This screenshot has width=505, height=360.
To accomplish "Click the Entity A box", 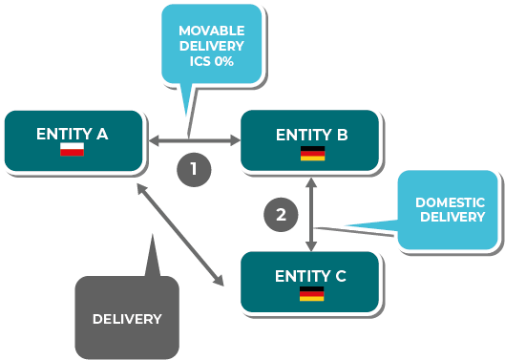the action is [x=74, y=140].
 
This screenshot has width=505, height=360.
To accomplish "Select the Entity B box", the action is [x=310, y=140].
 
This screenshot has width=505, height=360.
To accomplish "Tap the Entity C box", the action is [x=310, y=282].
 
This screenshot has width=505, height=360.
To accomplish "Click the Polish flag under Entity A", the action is [x=73, y=150].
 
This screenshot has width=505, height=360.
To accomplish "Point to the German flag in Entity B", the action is [x=313, y=154].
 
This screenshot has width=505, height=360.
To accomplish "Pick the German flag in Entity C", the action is [x=312, y=294].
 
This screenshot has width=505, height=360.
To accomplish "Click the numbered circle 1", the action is [x=194, y=170].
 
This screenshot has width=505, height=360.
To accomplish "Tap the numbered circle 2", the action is [x=281, y=215].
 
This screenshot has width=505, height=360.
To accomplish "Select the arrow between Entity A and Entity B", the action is [x=195, y=140].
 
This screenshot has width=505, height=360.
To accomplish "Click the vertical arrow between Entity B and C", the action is [x=311, y=214].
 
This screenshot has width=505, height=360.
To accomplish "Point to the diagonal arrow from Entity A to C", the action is [x=180, y=235].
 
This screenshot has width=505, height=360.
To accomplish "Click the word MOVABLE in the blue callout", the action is [x=212, y=31].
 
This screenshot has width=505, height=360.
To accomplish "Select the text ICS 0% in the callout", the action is [x=212, y=61].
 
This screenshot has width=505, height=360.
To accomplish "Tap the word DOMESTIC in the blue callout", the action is [x=450, y=202].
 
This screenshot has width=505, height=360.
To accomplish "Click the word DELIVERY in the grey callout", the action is [x=127, y=319].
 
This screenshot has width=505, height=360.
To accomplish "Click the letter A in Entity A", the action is [x=102, y=134].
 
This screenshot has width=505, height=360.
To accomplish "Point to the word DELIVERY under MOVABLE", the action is [x=212, y=46].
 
